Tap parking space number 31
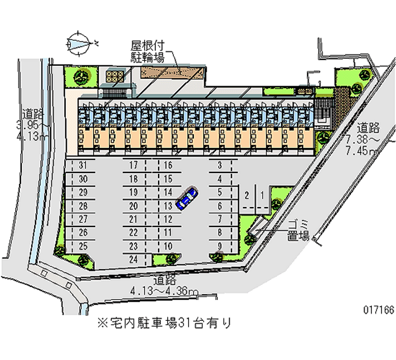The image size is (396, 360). pyautogui.click(x=83, y=165)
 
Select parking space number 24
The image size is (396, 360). pyautogui.click(x=133, y=258)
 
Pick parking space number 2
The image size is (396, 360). pyautogui.click(x=247, y=195)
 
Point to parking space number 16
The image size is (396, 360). pyautogui.click(x=168, y=165)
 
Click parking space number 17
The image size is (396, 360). pyautogui.click(x=133, y=165)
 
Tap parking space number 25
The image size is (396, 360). pyautogui.click(x=83, y=246)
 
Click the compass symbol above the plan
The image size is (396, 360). pyautogui.click(x=80, y=43)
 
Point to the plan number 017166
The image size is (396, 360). pyautogui.click(x=378, y=310)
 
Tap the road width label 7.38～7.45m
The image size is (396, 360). pyautogui.click(x=366, y=139)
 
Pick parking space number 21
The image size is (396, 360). pyautogui.click(x=133, y=219)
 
